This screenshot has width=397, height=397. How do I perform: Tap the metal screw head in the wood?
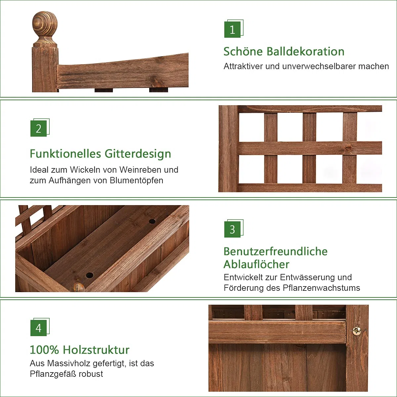[x=357, y=331]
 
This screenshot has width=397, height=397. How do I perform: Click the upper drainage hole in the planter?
[x=152, y=221]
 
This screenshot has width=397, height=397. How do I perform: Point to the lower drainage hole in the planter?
[x=90, y=275]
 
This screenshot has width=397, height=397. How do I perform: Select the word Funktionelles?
[x=65, y=154]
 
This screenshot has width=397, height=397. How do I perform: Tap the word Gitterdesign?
[x=138, y=154]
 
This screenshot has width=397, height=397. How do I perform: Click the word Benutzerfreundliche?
[x=276, y=251]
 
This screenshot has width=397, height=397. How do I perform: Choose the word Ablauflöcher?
[x=256, y=264]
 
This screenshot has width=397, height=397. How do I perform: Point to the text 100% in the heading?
[x=44, y=350]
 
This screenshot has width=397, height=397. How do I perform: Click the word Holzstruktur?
[x=96, y=350]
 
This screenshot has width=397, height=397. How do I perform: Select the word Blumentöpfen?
[x=136, y=181]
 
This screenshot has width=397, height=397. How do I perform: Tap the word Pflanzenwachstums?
[x=321, y=288]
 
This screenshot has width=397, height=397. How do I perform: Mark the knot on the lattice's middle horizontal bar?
[x=348, y=148]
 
